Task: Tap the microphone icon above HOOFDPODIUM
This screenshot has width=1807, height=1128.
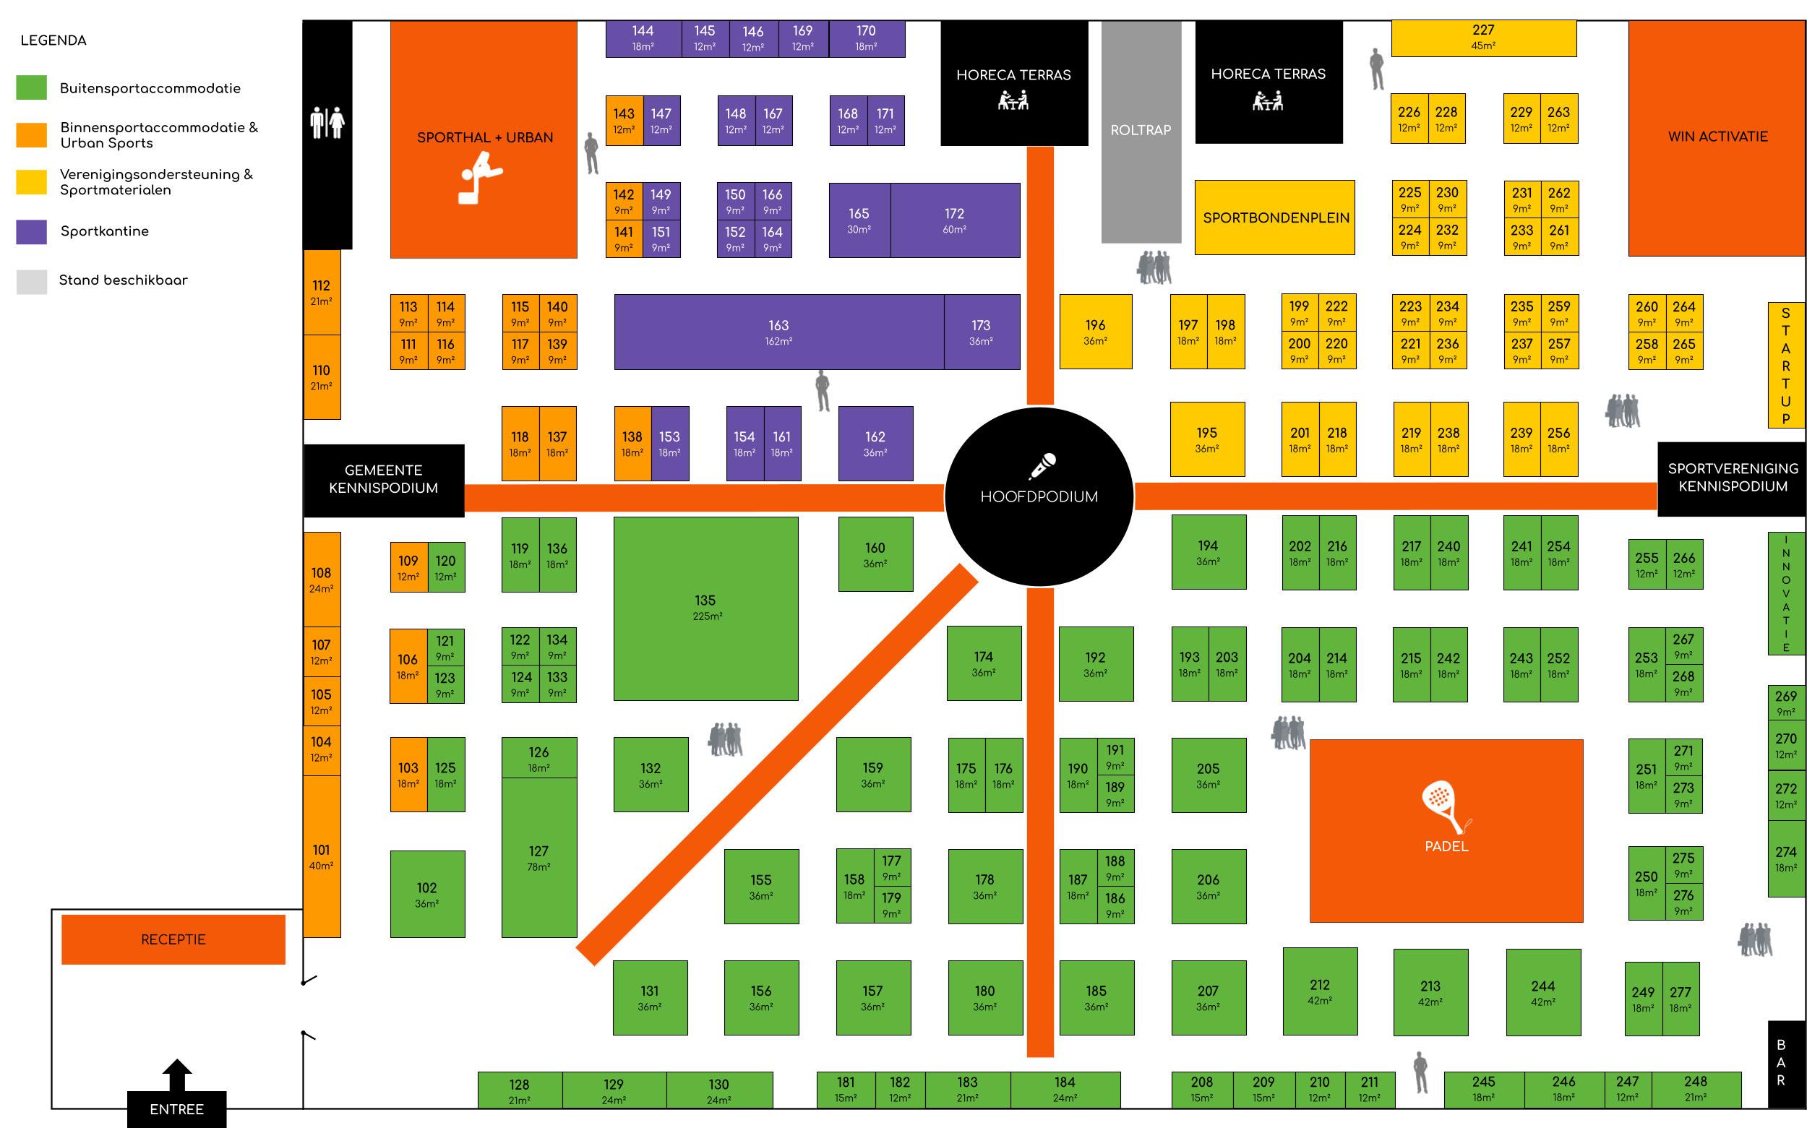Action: pyautogui.click(x=1042, y=465)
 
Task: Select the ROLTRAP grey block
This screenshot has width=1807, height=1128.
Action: pyautogui.click(x=1140, y=131)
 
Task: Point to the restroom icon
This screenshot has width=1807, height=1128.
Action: pyautogui.click(x=327, y=122)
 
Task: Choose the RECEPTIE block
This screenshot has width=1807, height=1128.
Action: pyautogui.click(x=173, y=939)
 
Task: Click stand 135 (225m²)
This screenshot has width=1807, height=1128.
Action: pyautogui.click(x=705, y=608)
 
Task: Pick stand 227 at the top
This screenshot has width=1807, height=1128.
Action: pyautogui.click(x=1483, y=38)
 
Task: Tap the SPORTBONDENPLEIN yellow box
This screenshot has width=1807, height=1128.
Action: pyautogui.click(x=1275, y=218)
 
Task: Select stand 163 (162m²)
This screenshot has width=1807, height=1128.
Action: pyautogui.click(x=778, y=332)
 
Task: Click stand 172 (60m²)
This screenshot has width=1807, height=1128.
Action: pyautogui.click(x=954, y=220)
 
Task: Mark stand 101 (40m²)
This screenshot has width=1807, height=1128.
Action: pyautogui.click(x=322, y=856)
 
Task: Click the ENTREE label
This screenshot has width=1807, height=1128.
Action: pyautogui.click(x=177, y=1109)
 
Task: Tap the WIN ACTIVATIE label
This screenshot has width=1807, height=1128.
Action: pyautogui.click(x=1717, y=137)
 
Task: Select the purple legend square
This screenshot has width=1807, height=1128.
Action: pyautogui.click(x=31, y=232)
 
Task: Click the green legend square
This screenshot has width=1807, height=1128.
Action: pyautogui.click(x=31, y=87)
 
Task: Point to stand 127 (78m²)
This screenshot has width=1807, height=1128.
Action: pyautogui.click(x=538, y=858)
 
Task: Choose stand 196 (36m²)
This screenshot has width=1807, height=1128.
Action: pyautogui.click(x=1095, y=332)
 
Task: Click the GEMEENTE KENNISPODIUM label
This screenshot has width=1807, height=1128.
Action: pyautogui.click(x=384, y=479)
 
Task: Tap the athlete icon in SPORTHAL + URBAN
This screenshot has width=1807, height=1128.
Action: pyautogui.click(x=479, y=178)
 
